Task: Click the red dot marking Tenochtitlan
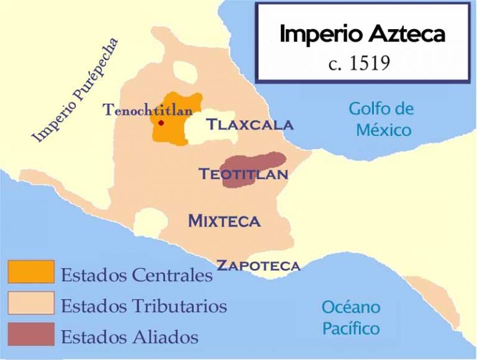161,123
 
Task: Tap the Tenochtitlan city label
148,110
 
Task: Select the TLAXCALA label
250,125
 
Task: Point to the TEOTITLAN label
243,174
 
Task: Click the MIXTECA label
224,220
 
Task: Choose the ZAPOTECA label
257,266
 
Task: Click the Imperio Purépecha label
75,91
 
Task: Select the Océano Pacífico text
351,317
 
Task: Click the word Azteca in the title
404,35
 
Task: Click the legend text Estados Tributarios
143,305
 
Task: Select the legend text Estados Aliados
129,337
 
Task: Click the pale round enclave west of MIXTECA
149,222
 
